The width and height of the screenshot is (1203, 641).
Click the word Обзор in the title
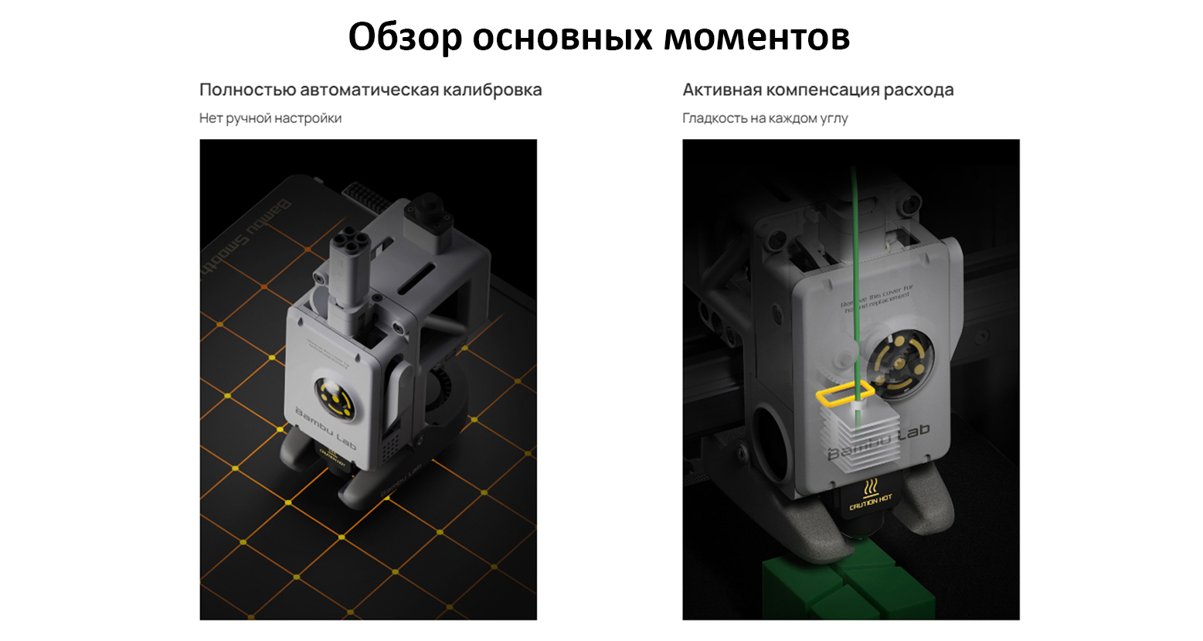404,36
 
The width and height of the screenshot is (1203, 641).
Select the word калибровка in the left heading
491,90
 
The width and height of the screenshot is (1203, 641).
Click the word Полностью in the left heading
247,90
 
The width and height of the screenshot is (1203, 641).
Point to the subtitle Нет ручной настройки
270,118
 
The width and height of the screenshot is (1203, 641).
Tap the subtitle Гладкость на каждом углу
765,118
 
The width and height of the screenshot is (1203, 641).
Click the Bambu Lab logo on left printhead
325,429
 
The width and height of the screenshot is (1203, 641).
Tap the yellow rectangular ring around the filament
844,394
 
